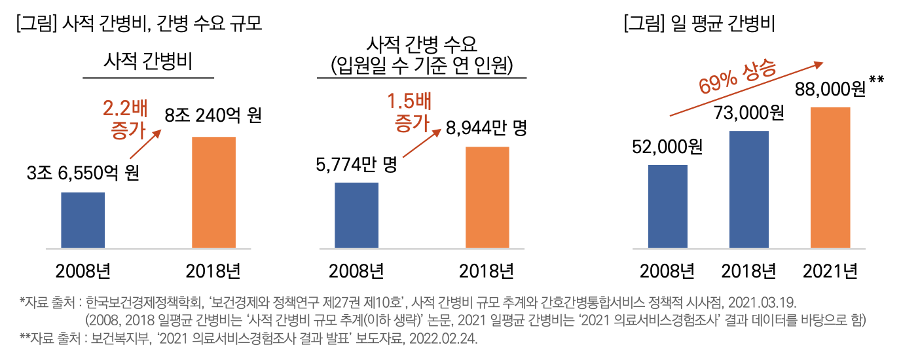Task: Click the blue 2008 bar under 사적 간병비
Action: click(x=83, y=221)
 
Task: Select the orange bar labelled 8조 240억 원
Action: click(x=213, y=192)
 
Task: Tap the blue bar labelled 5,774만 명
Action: click(x=356, y=215)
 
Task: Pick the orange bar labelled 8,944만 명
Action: click(x=487, y=198)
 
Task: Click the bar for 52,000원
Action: click(x=667, y=207)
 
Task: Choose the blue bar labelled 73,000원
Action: click(x=748, y=190)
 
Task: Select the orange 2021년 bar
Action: click(x=830, y=178)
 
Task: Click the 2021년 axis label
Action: click(x=830, y=270)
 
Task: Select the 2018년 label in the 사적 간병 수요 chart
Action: click(x=487, y=270)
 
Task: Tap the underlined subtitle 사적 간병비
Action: click(x=147, y=62)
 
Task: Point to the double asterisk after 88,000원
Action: click(x=877, y=81)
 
